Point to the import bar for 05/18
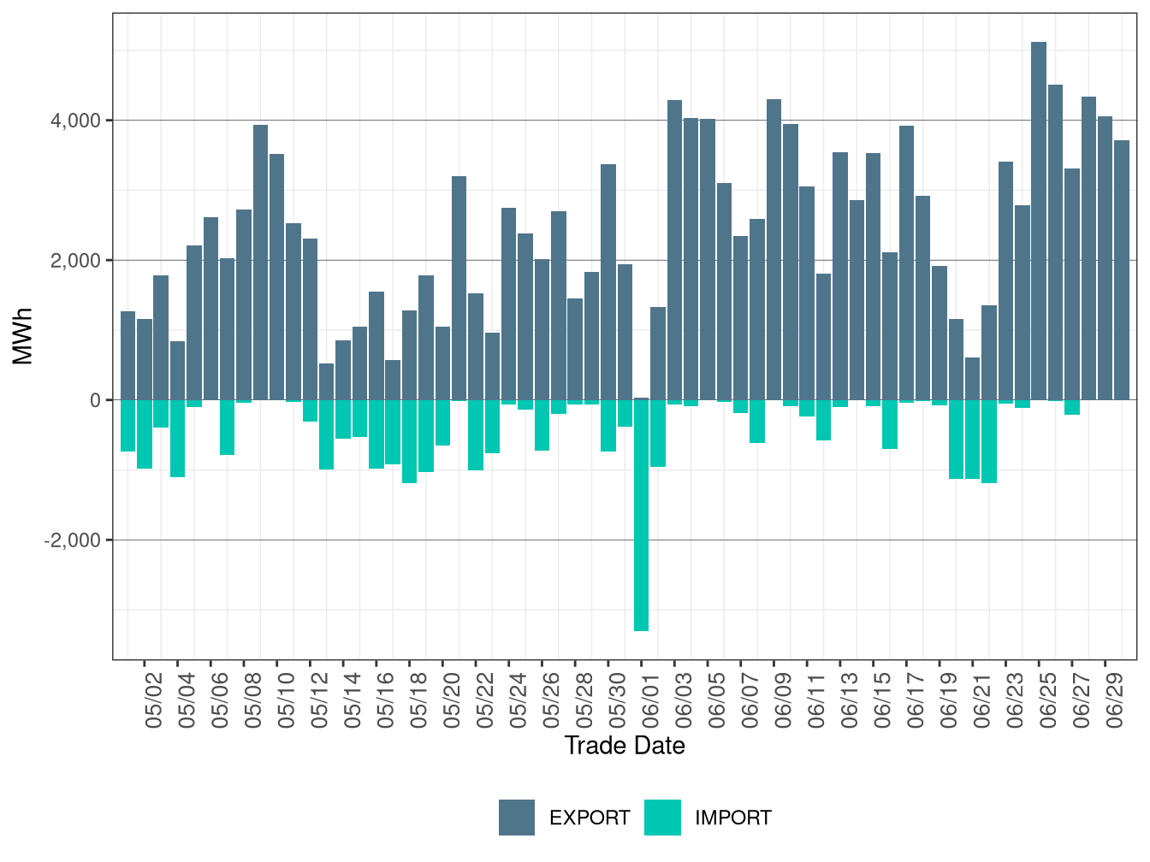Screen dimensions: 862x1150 click(409, 441)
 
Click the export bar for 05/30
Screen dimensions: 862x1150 click(608, 281)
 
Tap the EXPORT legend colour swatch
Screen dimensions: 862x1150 click(517, 818)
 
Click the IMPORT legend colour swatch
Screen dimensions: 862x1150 click(662, 818)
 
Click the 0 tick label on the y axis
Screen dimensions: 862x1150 click(95, 400)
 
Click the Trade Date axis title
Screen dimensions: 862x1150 click(625, 746)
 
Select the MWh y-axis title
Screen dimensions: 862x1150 click(23, 336)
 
